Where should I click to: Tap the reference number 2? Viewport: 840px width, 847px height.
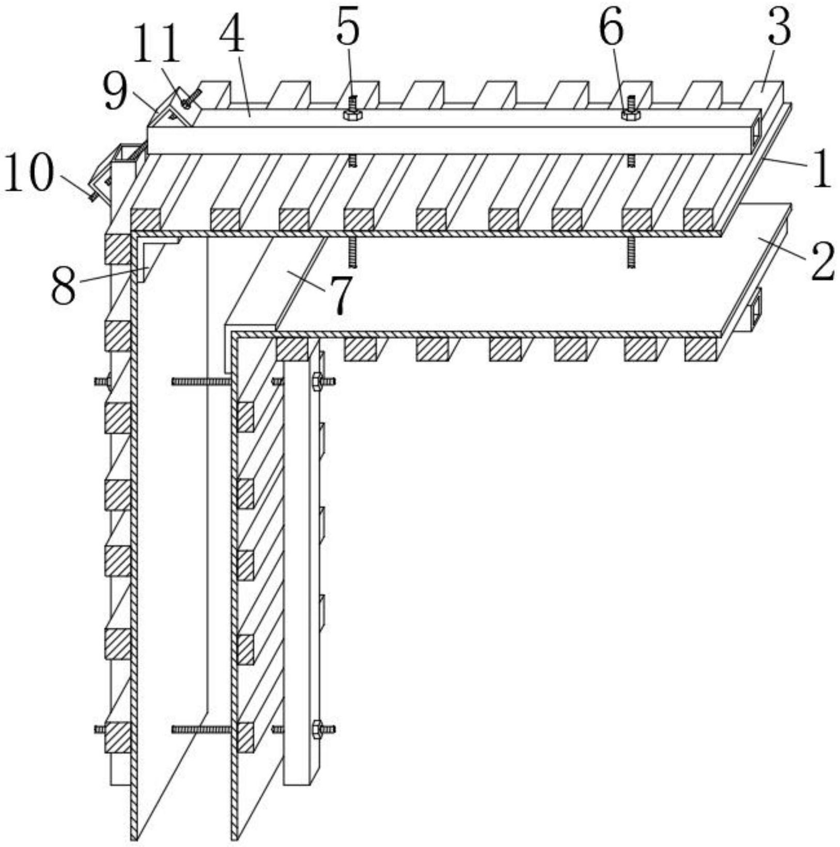pos(822,262)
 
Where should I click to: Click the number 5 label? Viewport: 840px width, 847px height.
pos(347,29)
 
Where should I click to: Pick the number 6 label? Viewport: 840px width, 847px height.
pos(612,29)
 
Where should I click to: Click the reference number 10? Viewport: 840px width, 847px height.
pos(28,172)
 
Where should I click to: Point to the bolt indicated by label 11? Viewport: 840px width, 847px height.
pos(186,102)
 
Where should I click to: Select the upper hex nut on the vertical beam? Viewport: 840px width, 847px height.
pos(317,382)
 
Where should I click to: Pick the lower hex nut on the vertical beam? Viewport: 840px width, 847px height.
pos(317,730)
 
